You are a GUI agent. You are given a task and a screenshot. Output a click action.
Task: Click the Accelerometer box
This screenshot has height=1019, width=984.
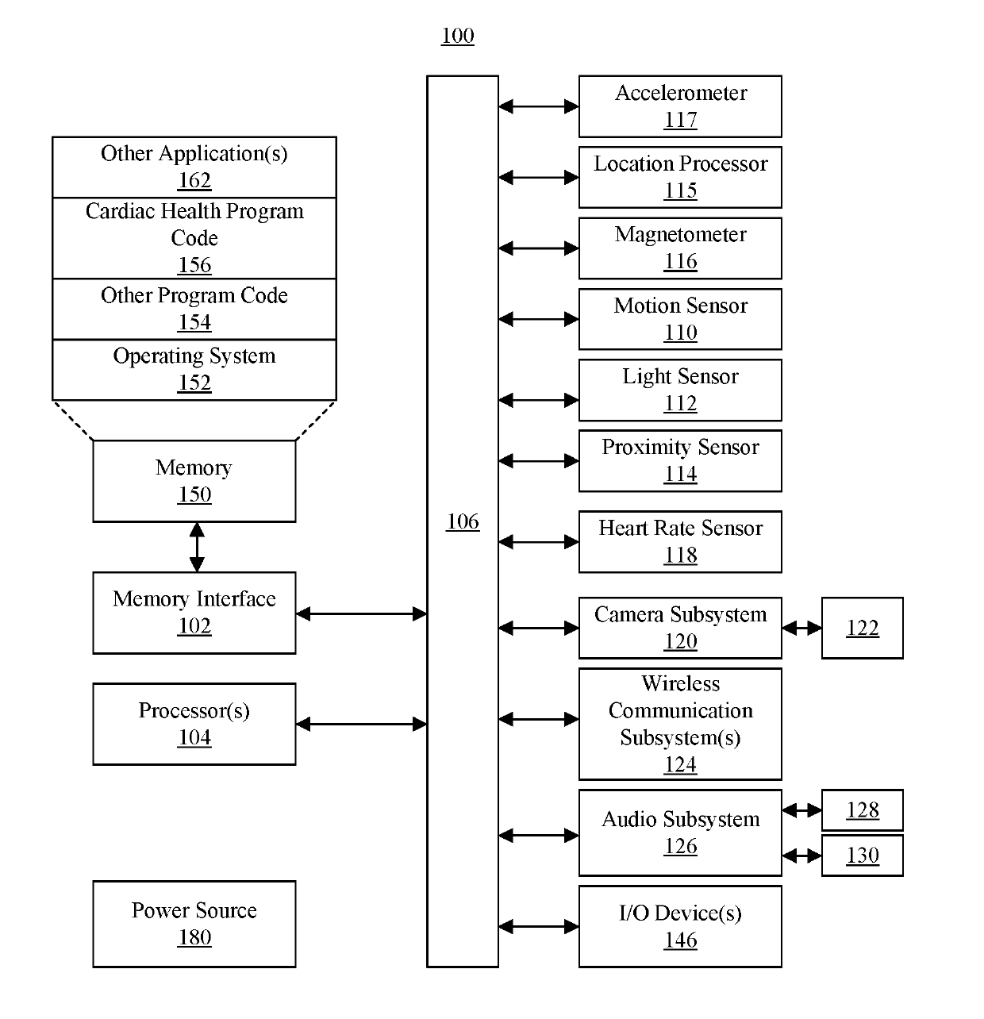coord(679,106)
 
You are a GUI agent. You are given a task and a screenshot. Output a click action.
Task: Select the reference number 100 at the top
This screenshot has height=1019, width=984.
coord(457,36)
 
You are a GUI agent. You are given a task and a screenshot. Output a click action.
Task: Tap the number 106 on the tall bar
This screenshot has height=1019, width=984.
coord(463,521)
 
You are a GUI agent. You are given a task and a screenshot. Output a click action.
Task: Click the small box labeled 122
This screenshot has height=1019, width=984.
coord(862,627)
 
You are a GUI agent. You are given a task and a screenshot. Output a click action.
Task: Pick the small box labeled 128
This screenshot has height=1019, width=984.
coord(862,809)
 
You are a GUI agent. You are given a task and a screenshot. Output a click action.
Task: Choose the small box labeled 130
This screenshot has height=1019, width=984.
coord(862,855)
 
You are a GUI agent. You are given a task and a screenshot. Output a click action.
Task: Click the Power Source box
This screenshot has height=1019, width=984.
coord(194,924)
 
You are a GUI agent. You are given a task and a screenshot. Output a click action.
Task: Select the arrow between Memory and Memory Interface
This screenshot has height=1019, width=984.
coord(197,547)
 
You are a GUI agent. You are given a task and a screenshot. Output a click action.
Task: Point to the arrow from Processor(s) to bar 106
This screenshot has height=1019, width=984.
coord(361,724)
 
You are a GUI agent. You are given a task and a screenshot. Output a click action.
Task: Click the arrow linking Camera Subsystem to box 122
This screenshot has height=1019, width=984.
coord(801,627)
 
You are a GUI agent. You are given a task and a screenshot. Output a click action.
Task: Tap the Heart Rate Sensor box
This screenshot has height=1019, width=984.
coord(679,541)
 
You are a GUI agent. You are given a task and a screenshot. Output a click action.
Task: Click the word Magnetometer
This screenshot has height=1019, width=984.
coord(680,234)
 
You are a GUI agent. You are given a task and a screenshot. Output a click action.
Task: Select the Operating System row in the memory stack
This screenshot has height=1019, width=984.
coord(194,370)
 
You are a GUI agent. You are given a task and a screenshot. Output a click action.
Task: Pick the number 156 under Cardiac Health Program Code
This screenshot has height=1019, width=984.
coord(194,265)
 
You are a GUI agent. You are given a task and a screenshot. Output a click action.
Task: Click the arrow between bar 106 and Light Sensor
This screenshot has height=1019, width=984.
coord(538,400)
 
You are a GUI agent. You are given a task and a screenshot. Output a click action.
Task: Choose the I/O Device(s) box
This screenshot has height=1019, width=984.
coord(679,926)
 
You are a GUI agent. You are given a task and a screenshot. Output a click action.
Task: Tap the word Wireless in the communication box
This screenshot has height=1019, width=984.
coord(680,683)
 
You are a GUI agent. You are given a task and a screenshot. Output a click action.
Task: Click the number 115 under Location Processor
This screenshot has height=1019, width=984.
coord(680,190)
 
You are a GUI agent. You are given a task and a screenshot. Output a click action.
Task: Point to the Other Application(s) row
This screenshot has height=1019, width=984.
coord(194,167)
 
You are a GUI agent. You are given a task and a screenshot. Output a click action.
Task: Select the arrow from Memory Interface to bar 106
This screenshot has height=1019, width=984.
coord(361,613)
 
